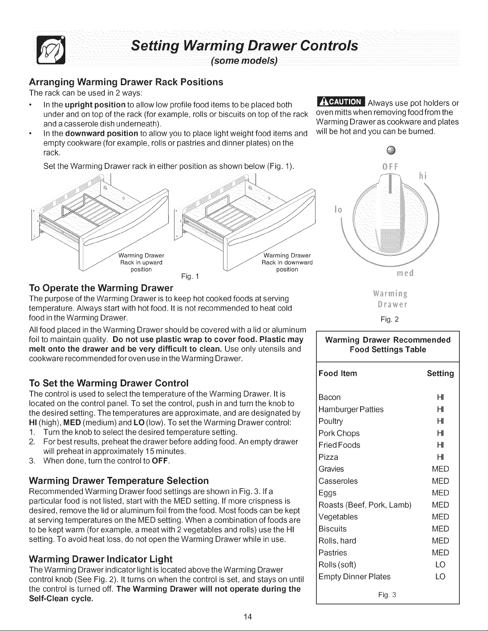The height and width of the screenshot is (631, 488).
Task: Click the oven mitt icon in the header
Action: coord(51,50)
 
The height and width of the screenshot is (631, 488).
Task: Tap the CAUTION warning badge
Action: coord(341,102)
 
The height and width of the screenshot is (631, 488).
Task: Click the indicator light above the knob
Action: coord(391,150)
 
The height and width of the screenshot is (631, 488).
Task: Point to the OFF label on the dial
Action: coord(390,167)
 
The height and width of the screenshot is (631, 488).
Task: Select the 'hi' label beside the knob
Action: coord(422,176)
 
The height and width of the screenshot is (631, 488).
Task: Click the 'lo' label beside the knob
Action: coord(338,209)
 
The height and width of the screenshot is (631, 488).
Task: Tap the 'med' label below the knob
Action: coord(405,273)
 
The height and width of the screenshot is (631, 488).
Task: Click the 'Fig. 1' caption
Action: coord(190,276)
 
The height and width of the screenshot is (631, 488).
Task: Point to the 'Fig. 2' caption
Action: coord(390,319)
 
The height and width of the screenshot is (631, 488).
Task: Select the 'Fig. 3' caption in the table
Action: coord(387,595)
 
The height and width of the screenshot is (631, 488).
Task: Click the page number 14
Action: coord(248,617)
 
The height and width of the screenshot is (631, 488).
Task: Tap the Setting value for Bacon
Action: coord(440,397)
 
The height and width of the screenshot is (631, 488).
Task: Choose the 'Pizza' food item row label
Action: coord(328,457)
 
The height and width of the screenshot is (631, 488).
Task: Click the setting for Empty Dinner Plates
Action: coord(440,576)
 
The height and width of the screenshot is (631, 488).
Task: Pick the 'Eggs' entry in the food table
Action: coord(327,493)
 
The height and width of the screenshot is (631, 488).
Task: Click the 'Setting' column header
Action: coord(440,373)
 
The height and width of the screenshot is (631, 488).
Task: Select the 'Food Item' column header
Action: coord(337,373)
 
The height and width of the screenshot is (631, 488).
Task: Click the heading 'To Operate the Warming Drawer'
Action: coord(101,288)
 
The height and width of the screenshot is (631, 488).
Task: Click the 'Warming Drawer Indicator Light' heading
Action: coord(101,559)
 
